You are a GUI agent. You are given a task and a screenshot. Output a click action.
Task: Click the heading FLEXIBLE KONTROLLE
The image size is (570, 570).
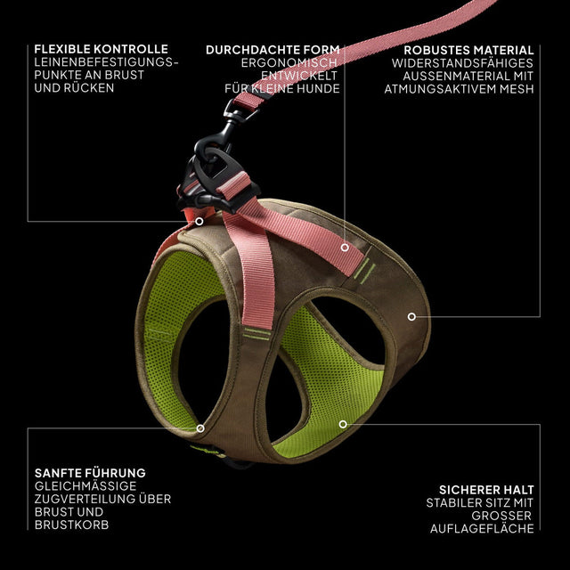pos(101,49)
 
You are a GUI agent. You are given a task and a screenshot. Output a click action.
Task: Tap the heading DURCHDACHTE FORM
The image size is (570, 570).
pos(273,50)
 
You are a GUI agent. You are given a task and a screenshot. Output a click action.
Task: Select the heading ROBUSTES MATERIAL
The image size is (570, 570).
pos(468,50)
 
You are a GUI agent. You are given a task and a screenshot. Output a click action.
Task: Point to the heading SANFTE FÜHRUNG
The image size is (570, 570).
pos(90,473)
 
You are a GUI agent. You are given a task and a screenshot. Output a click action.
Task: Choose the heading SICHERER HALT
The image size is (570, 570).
pos(486,490)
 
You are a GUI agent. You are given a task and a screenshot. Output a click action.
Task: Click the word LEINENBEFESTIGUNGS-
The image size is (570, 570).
pos(106,62)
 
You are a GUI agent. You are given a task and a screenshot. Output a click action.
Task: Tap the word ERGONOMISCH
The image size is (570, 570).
pos(289,63)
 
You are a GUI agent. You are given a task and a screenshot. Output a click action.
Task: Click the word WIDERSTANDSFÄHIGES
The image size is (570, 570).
pos(462,63)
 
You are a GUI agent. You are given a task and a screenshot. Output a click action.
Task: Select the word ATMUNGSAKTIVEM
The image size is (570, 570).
pos(440,89)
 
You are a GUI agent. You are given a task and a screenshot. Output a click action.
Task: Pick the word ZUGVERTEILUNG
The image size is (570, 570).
pos(85,499)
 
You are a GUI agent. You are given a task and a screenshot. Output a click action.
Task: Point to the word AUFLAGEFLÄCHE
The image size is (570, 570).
pos(482,528)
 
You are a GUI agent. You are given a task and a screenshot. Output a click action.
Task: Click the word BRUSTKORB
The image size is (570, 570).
pos(71,525)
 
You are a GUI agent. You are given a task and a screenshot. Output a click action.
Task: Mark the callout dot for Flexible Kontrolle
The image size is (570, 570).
pos(199,222)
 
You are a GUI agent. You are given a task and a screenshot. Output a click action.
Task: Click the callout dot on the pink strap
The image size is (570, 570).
pos(345,248)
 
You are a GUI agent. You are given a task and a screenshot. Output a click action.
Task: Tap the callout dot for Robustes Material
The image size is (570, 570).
pos(411,317)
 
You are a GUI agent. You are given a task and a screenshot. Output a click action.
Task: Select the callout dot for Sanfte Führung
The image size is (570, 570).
pos(200,428)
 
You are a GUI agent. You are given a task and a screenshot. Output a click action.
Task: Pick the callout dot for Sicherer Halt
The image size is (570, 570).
pos(343,424)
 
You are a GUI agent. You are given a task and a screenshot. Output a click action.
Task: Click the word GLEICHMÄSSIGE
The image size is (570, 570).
pos(85,486)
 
